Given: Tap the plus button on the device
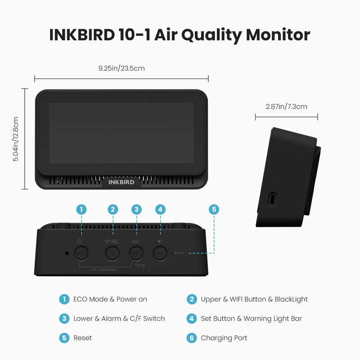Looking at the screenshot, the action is coord(112,254).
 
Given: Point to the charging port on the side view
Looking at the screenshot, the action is coord(272,198).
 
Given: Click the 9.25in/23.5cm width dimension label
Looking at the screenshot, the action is coord(121,68).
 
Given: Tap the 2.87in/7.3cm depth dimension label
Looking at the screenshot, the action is coord(286,107).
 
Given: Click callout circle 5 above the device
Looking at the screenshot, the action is coord(214,209).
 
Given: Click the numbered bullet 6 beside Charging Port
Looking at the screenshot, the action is coord(192,337).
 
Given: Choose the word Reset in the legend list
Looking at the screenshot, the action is coord(82,337).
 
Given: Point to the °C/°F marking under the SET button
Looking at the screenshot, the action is coord(140,265).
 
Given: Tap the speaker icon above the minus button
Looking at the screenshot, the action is coord(159,241).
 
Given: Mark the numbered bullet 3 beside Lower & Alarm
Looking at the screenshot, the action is coord(65,319).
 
